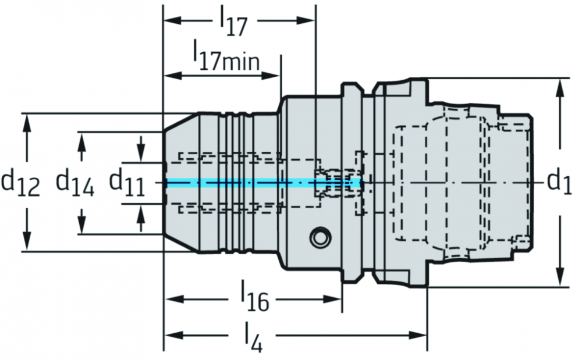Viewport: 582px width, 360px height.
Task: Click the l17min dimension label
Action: (226, 56)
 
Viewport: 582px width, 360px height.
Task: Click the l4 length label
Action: (253, 337)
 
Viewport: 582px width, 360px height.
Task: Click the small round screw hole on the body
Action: (320, 237)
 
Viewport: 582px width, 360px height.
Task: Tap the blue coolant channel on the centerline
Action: (264, 183)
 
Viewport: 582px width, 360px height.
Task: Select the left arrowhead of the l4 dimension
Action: (174, 336)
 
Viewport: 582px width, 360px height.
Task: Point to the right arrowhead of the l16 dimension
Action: (332, 299)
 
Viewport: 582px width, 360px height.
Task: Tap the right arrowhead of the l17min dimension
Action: (271, 76)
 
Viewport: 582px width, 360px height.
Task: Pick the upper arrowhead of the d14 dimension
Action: (82, 141)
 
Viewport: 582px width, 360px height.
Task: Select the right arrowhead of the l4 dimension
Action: (417, 336)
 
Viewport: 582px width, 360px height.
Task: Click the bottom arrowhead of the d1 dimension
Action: (560, 277)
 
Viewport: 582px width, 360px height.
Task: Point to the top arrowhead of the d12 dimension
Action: (26, 123)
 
